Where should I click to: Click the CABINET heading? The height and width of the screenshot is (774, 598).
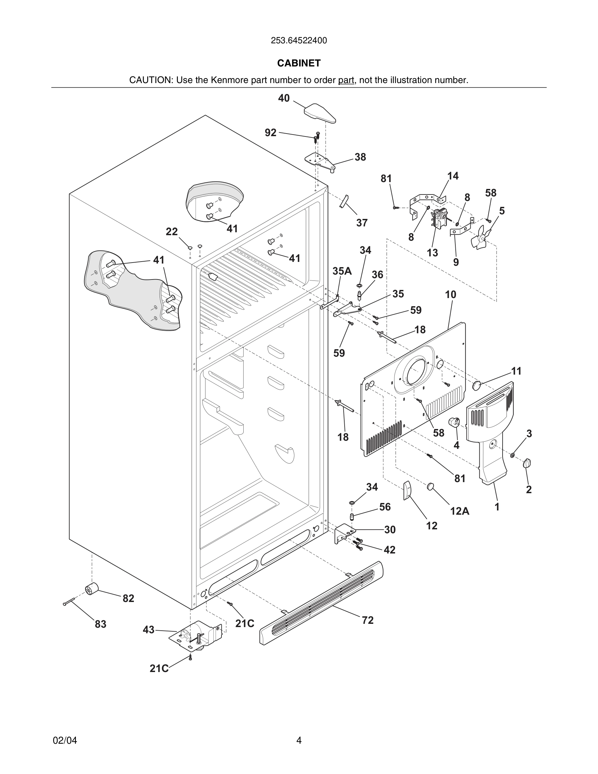tap(299, 63)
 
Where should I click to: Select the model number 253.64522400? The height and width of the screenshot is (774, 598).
tap(299, 41)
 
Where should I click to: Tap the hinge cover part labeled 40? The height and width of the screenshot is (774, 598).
tap(320, 113)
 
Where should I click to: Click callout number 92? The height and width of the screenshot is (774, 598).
tap(270, 133)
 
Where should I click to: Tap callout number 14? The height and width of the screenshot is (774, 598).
tap(452, 176)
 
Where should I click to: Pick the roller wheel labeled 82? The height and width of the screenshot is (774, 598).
tap(92, 589)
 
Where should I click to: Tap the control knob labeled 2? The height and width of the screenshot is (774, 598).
tap(527, 463)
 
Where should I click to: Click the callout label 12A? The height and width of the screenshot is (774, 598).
tap(460, 511)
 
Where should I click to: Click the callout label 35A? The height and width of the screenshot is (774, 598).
tap(342, 271)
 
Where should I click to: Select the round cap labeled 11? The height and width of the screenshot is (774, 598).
tap(477, 385)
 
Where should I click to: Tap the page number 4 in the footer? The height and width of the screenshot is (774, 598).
tap(299, 740)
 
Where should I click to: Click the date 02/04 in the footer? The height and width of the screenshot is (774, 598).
tap(65, 740)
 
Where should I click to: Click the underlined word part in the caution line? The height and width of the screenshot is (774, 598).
tap(346, 80)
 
